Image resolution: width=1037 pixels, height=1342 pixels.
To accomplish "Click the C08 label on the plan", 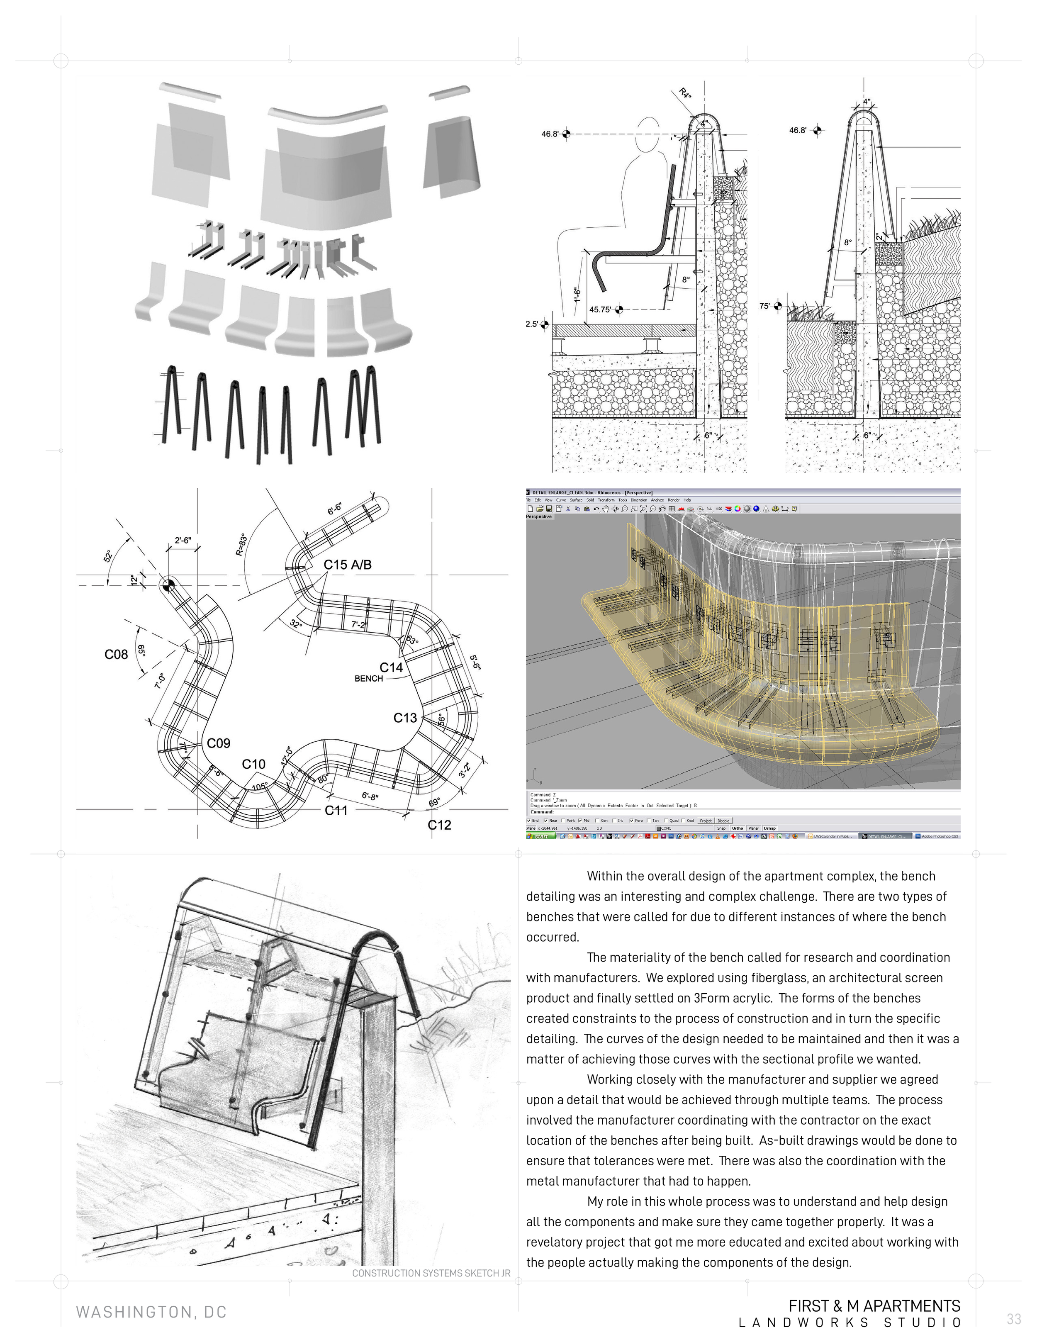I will [x=116, y=655].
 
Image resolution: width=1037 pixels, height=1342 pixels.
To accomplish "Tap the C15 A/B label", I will [x=348, y=565].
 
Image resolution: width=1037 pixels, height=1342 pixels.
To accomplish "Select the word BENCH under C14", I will [x=369, y=678].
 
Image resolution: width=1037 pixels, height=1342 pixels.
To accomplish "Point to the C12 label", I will [x=439, y=825].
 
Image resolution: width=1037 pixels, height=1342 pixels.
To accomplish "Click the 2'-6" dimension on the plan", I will [x=183, y=541].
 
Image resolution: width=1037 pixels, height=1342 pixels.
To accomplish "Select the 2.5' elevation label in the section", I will [x=531, y=324].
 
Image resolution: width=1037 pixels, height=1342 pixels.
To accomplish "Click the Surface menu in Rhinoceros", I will [x=576, y=500].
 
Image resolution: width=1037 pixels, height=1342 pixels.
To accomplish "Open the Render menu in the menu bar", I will [x=673, y=500].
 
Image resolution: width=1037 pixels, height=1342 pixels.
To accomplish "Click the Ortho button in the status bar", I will [x=737, y=828].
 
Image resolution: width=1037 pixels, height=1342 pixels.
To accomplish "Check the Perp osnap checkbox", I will [x=632, y=820].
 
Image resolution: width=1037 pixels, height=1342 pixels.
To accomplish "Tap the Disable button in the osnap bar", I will [x=724, y=820].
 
